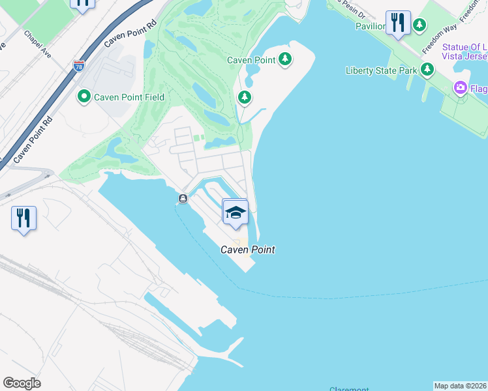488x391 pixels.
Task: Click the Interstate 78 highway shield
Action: tap(79, 66)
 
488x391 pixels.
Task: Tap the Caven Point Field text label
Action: tap(129, 98)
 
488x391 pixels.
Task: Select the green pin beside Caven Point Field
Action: tap(84, 98)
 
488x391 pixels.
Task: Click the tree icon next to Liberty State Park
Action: tap(427, 69)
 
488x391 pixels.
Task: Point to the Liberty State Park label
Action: tap(381, 70)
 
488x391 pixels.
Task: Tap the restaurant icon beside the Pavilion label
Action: tap(398, 23)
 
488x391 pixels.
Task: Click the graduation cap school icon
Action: tap(236, 212)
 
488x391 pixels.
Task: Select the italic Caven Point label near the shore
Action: tap(247, 250)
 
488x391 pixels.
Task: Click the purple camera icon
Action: tap(461, 87)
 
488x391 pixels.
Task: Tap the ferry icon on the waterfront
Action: tap(183, 198)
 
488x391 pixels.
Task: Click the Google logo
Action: tap(22, 383)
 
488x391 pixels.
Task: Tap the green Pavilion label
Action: tap(371, 26)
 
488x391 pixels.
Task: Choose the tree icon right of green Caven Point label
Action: tap(285, 59)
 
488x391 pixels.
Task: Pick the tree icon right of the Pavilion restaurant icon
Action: tap(420, 25)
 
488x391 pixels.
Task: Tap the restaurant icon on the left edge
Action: tap(23, 218)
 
